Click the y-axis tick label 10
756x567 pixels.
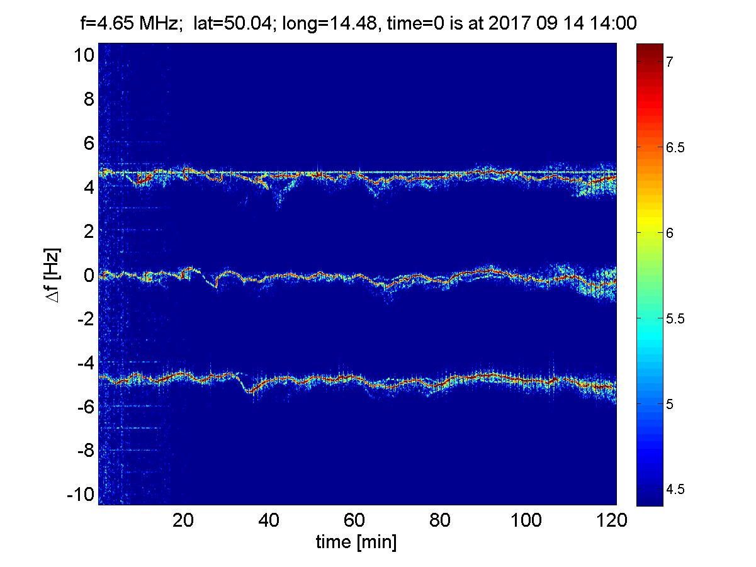tap(84, 55)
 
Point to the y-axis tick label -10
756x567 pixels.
tap(81, 495)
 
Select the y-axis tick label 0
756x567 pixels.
tap(89, 275)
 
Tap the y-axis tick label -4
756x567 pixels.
tap(86, 363)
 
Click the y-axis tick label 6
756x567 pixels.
tap(89, 143)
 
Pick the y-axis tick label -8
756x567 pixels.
tap(86, 451)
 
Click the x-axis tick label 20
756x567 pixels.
tap(183, 520)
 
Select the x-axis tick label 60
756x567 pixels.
tap(354, 520)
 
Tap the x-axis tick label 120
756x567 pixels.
tap(611, 520)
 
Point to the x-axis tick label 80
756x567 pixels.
tap(440, 520)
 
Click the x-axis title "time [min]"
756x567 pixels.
tap(356, 542)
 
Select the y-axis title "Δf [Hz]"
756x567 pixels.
tap(53, 275)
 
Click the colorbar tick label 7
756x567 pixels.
tap(669, 62)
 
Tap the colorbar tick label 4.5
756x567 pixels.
tap(675, 490)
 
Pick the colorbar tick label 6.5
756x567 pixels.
tap(675, 147)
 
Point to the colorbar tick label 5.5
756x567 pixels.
tap(675, 319)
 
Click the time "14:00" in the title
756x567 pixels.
tap(613, 23)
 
